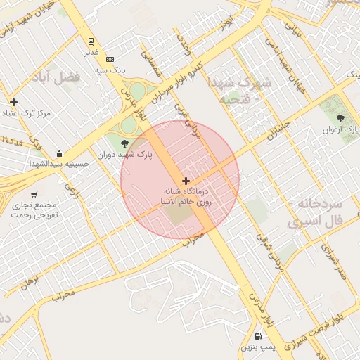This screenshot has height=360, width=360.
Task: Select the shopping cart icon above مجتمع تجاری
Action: point(34,194)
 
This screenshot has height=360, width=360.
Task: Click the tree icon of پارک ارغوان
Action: point(342,117)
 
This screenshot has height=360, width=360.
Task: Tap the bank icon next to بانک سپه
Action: point(110,60)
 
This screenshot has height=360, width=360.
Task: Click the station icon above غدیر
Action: point(91,41)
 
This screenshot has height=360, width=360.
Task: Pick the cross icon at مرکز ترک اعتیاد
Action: point(13,102)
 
